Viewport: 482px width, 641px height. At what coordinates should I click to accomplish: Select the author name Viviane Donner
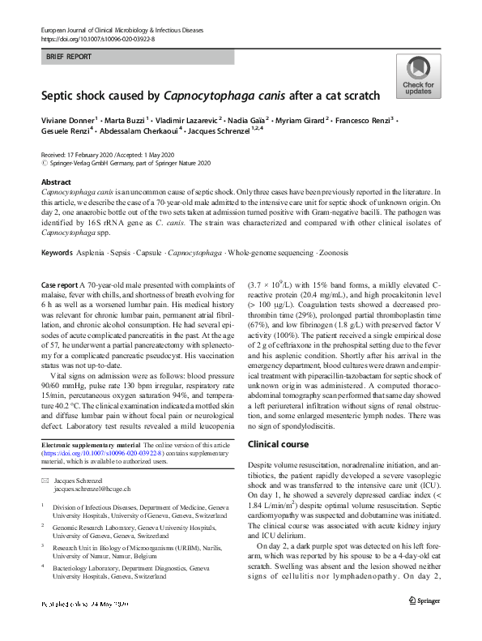[67, 119]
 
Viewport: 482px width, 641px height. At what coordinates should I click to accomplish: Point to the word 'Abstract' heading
[55, 182]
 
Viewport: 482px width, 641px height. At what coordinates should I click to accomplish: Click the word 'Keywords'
[58, 254]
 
